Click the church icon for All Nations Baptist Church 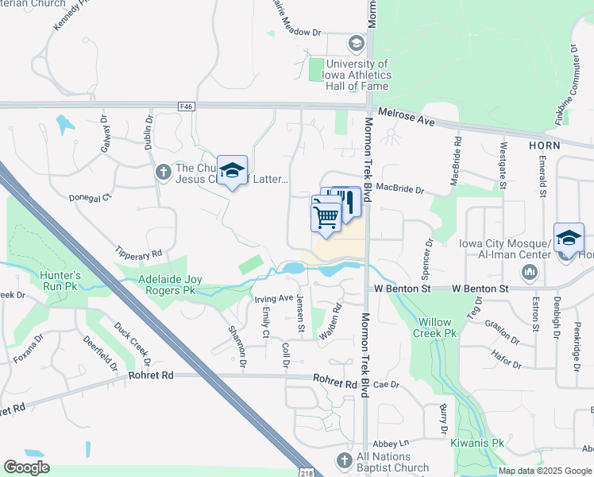[343, 460]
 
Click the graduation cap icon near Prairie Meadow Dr [356, 42]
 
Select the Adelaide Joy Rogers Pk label [167, 285]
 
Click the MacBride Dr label [401, 190]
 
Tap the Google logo [26, 467]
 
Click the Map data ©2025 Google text [545, 471]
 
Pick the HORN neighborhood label [543, 145]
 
